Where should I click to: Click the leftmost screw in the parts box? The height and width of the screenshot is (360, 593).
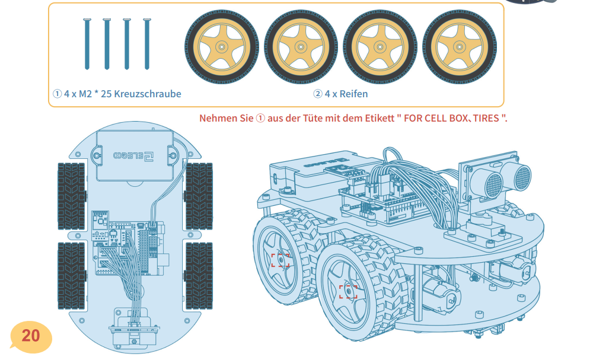pos(87,44)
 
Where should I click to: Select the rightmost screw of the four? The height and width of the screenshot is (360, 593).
pos(147,44)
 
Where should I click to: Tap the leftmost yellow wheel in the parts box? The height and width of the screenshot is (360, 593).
pos(222,47)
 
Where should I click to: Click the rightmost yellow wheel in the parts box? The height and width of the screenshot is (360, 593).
pos(460,47)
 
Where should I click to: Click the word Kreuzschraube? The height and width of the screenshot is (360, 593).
pos(148,94)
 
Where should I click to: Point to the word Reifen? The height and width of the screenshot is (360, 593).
pos(353,94)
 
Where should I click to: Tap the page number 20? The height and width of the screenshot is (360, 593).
pos(31,336)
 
